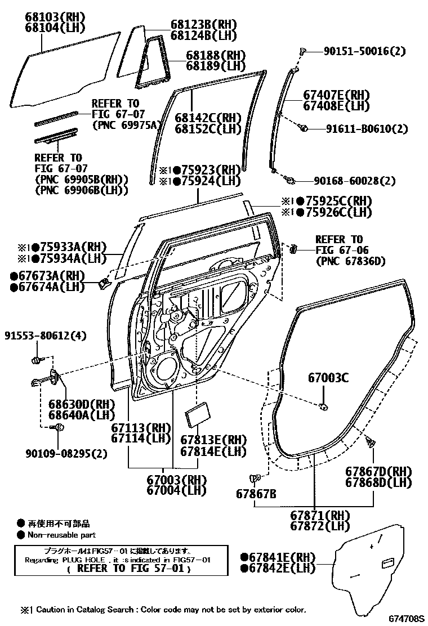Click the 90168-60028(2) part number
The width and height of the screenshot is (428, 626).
point(355,181)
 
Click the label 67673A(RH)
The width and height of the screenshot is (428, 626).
point(48,276)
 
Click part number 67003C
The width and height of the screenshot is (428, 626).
point(328,378)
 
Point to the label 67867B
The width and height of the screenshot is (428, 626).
point(256,494)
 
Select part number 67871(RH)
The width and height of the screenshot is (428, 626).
point(320,515)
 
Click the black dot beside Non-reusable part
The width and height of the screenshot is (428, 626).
point(21,535)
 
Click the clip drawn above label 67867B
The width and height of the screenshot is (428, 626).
point(257,479)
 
